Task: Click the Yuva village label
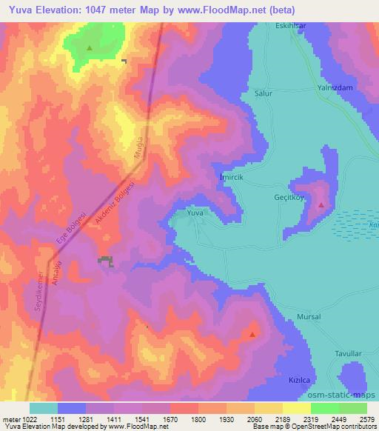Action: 195,213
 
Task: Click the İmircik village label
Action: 232,178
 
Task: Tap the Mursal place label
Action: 309,316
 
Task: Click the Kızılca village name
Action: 298,378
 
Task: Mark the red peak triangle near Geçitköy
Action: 321,204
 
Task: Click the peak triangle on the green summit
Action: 90,48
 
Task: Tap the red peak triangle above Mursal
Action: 252,334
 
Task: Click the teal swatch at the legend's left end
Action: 44,408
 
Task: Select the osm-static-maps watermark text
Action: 344,396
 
